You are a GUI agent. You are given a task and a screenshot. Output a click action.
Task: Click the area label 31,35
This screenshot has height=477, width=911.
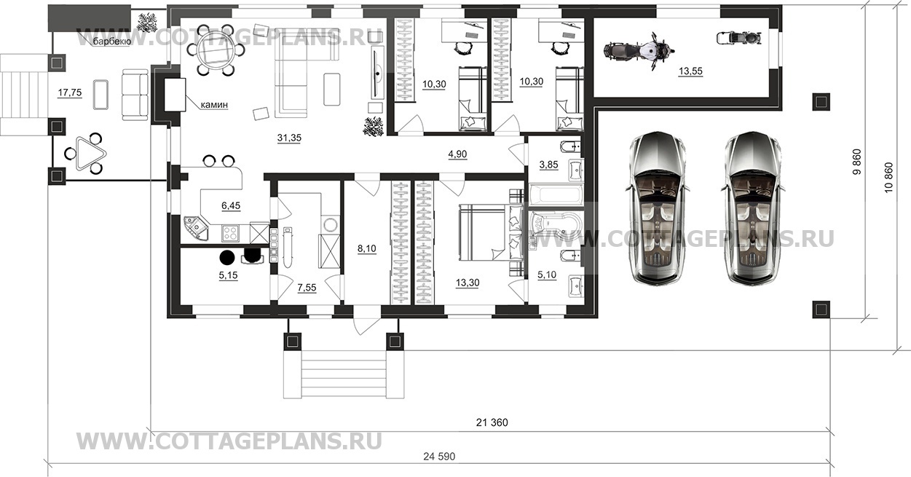[289, 138]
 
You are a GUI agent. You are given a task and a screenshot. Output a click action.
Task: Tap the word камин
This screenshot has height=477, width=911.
[214, 105]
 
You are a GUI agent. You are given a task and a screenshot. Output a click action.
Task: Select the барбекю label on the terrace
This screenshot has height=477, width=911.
[111, 42]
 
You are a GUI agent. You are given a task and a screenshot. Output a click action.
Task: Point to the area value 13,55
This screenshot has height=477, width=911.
[690, 71]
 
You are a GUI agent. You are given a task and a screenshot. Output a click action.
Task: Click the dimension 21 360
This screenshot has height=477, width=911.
[492, 422]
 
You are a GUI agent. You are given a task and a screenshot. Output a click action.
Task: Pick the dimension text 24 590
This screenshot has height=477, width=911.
[439, 457]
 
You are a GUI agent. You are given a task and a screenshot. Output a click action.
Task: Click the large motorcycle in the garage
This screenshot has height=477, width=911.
[638, 52]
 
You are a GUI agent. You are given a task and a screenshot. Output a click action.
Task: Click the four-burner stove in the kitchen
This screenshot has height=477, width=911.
[230, 233]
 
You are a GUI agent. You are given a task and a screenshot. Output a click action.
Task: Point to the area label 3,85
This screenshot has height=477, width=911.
[548, 165]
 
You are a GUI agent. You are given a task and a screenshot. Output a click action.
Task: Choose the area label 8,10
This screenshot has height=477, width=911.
[366, 249]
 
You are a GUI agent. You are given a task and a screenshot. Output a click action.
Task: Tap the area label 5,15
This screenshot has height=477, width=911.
[228, 275]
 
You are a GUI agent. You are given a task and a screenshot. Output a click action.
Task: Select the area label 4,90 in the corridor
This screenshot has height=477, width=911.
[457, 154]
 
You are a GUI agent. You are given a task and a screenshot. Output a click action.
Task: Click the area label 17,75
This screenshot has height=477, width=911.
[70, 92]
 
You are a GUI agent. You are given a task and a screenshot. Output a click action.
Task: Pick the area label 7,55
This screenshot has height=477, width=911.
[307, 288]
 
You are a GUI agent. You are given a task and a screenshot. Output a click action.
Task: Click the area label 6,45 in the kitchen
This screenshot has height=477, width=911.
[231, 206]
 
